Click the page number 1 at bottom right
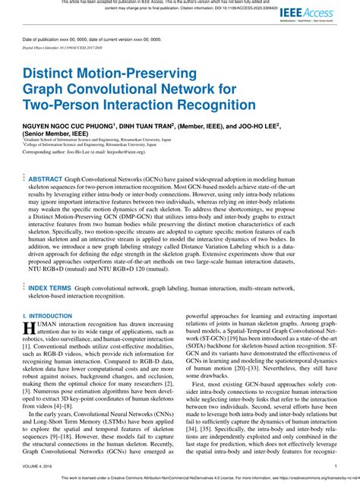pyautogui.click(x=336, y=467)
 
